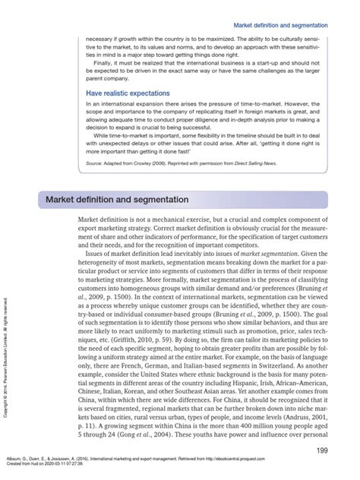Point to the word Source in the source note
[95, 163]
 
